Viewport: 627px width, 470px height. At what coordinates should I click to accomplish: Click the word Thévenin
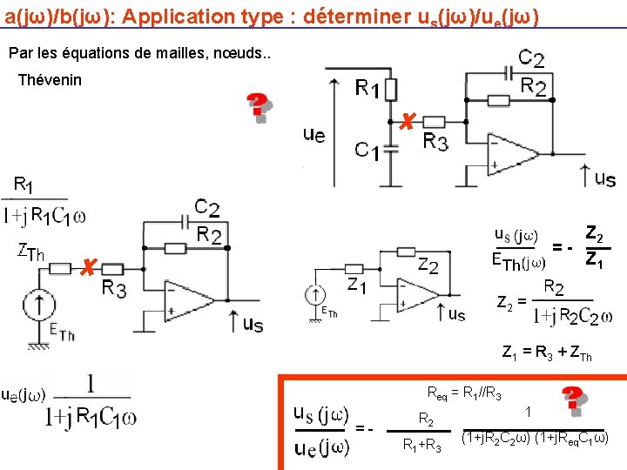click(x=50, y=80)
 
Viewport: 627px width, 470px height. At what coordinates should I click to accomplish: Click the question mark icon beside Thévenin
click(x=258, y=107)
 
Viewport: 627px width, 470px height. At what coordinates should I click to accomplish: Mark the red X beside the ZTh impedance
click(x=84, y=266)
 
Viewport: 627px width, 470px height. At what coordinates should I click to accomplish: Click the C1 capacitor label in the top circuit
click(x=367, y=151)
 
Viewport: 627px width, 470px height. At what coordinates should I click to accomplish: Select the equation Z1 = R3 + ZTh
click(x=547, y=353)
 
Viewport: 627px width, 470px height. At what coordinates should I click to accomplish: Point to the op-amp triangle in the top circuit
click(x=513, y=158)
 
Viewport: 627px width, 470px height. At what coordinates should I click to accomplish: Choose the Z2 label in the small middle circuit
click(x=428, y=265)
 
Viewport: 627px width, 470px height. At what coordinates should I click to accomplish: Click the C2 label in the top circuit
click(x=531, y=59)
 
